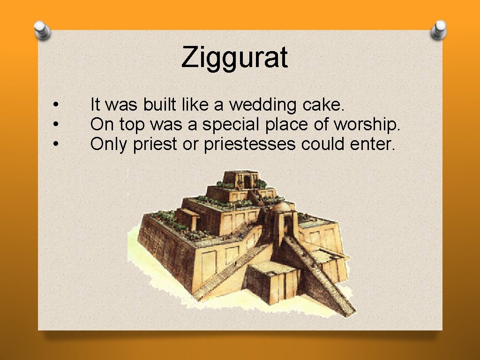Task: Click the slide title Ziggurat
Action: (x=234, y=58)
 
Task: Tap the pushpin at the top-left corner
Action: (x=43, y=31)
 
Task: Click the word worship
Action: (x=367, y=125)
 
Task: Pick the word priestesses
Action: (x=250, y=144)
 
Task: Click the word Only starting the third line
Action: (x=109, y=144)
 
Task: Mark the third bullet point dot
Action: (x=55, y=144)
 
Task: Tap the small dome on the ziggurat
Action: (x=280, y=208)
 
